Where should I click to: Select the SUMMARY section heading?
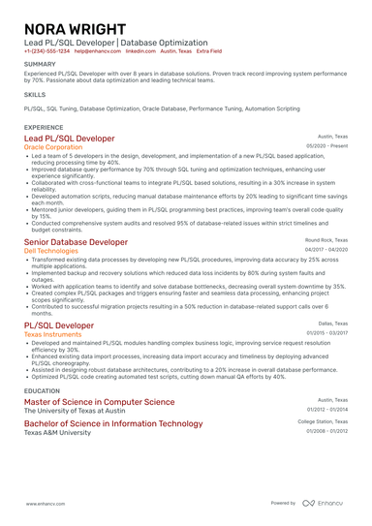(x=41, y=65)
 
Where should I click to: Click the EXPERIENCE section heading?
(x=44, y=127)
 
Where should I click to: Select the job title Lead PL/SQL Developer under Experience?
(x=69, y=139)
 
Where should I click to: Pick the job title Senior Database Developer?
(x=76, y=241)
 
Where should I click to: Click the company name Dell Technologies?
(x=51, y=250)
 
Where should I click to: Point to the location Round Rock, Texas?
(x=326, y=239)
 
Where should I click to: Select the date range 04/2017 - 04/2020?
(x=326, y=250)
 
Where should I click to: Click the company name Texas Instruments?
(x=53, y=333)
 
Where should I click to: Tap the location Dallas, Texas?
(x=332, y=324)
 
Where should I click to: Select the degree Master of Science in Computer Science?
(x=99, y=401)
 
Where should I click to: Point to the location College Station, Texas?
(x=323, y=422)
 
